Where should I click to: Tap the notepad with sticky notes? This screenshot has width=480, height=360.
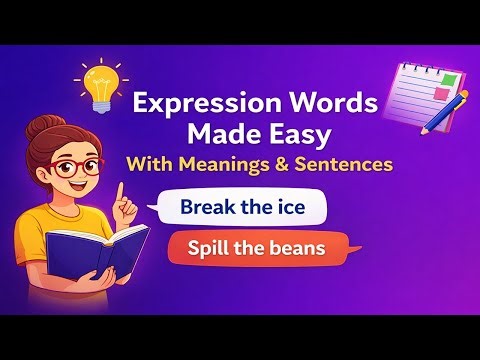tap(400, 88)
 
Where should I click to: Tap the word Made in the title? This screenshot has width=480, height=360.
tap(220, 134)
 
